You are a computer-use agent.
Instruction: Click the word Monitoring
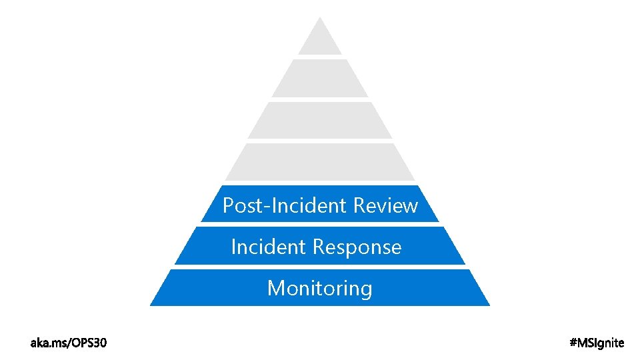(319, 289)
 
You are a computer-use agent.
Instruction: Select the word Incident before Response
(269, 247)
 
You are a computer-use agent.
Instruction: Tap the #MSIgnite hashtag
(597, 343)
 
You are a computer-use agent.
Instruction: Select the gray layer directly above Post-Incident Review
(320, 162)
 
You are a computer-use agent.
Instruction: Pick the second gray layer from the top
(320, 79)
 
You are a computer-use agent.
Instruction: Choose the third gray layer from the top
(320, 120)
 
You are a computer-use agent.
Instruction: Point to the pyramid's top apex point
(320, 18)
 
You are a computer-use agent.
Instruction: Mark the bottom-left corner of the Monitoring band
(151, 305)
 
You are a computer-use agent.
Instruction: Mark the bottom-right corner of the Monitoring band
(489, 305)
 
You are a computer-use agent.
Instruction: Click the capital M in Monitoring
(275, 289)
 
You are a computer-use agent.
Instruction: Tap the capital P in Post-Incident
(228, 206)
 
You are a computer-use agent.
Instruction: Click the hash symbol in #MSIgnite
(575, 343)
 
